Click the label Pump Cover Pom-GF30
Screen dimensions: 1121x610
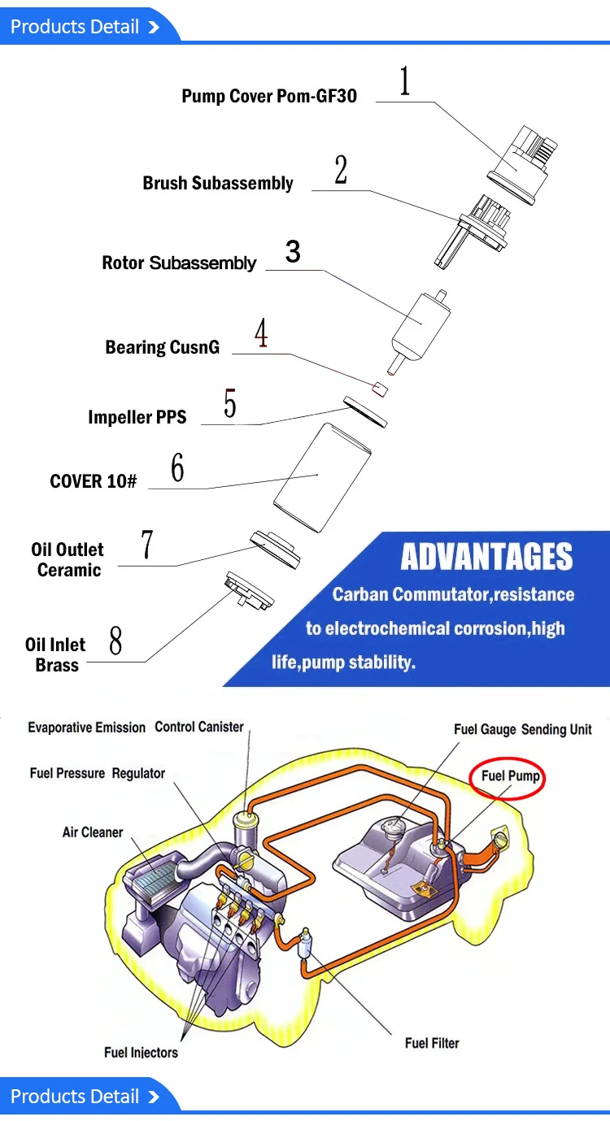(269, 97)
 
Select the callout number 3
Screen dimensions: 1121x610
(293, 251)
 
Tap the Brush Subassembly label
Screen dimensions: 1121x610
(218, 183)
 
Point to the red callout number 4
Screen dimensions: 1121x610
(261, 334)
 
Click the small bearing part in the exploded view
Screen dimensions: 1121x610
(380, 387)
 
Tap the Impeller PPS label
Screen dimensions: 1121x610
(137, 417)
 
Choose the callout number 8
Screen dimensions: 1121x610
(115, 641)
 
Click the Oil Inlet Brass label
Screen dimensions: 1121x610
(55, 654)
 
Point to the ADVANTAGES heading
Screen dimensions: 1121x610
(486, 558)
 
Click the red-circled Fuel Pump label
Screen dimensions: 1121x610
(510, 776)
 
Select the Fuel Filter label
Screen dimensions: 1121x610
(432, 1042)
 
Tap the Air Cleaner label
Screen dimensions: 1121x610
(93, 832)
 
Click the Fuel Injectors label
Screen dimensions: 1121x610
(141, 1053)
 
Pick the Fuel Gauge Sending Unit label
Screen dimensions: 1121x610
(522, 729)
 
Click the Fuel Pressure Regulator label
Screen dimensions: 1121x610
(98, 773)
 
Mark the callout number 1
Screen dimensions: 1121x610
(404, 82)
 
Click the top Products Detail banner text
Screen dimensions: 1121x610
(75, 27)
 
